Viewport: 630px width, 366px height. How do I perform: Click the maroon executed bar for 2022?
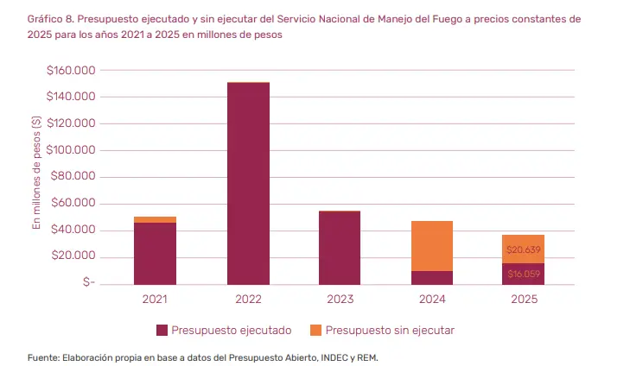(248, 183)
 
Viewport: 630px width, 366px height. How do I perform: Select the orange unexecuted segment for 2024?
(432, 246)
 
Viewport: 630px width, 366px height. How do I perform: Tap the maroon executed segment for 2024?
(432, 278)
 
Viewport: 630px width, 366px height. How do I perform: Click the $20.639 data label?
(523, 249)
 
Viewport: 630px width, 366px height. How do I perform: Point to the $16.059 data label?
(523, 274)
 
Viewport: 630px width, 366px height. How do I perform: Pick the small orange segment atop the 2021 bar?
(155, 219)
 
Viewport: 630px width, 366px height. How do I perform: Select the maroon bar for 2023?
(340, 248)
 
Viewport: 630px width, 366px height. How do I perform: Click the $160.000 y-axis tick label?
(71, 70)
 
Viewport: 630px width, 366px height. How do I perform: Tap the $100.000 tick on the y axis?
(71, 150)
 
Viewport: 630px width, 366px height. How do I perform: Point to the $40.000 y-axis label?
(73, 230)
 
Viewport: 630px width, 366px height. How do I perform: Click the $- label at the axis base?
(89, 282)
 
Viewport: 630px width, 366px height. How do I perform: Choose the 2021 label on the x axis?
(155, 299)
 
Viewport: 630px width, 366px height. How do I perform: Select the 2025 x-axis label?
(525, 299)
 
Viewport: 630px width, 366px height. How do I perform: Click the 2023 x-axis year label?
(340, 299)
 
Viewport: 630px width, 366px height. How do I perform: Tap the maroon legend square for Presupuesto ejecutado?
(162, 331)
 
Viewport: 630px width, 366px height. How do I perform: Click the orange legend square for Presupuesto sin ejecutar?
(315, 331)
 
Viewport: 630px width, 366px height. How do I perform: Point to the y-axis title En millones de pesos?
(36, 173)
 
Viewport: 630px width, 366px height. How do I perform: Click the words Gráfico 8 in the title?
(50, 19)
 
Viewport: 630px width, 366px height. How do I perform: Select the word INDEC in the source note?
(334, 357)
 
